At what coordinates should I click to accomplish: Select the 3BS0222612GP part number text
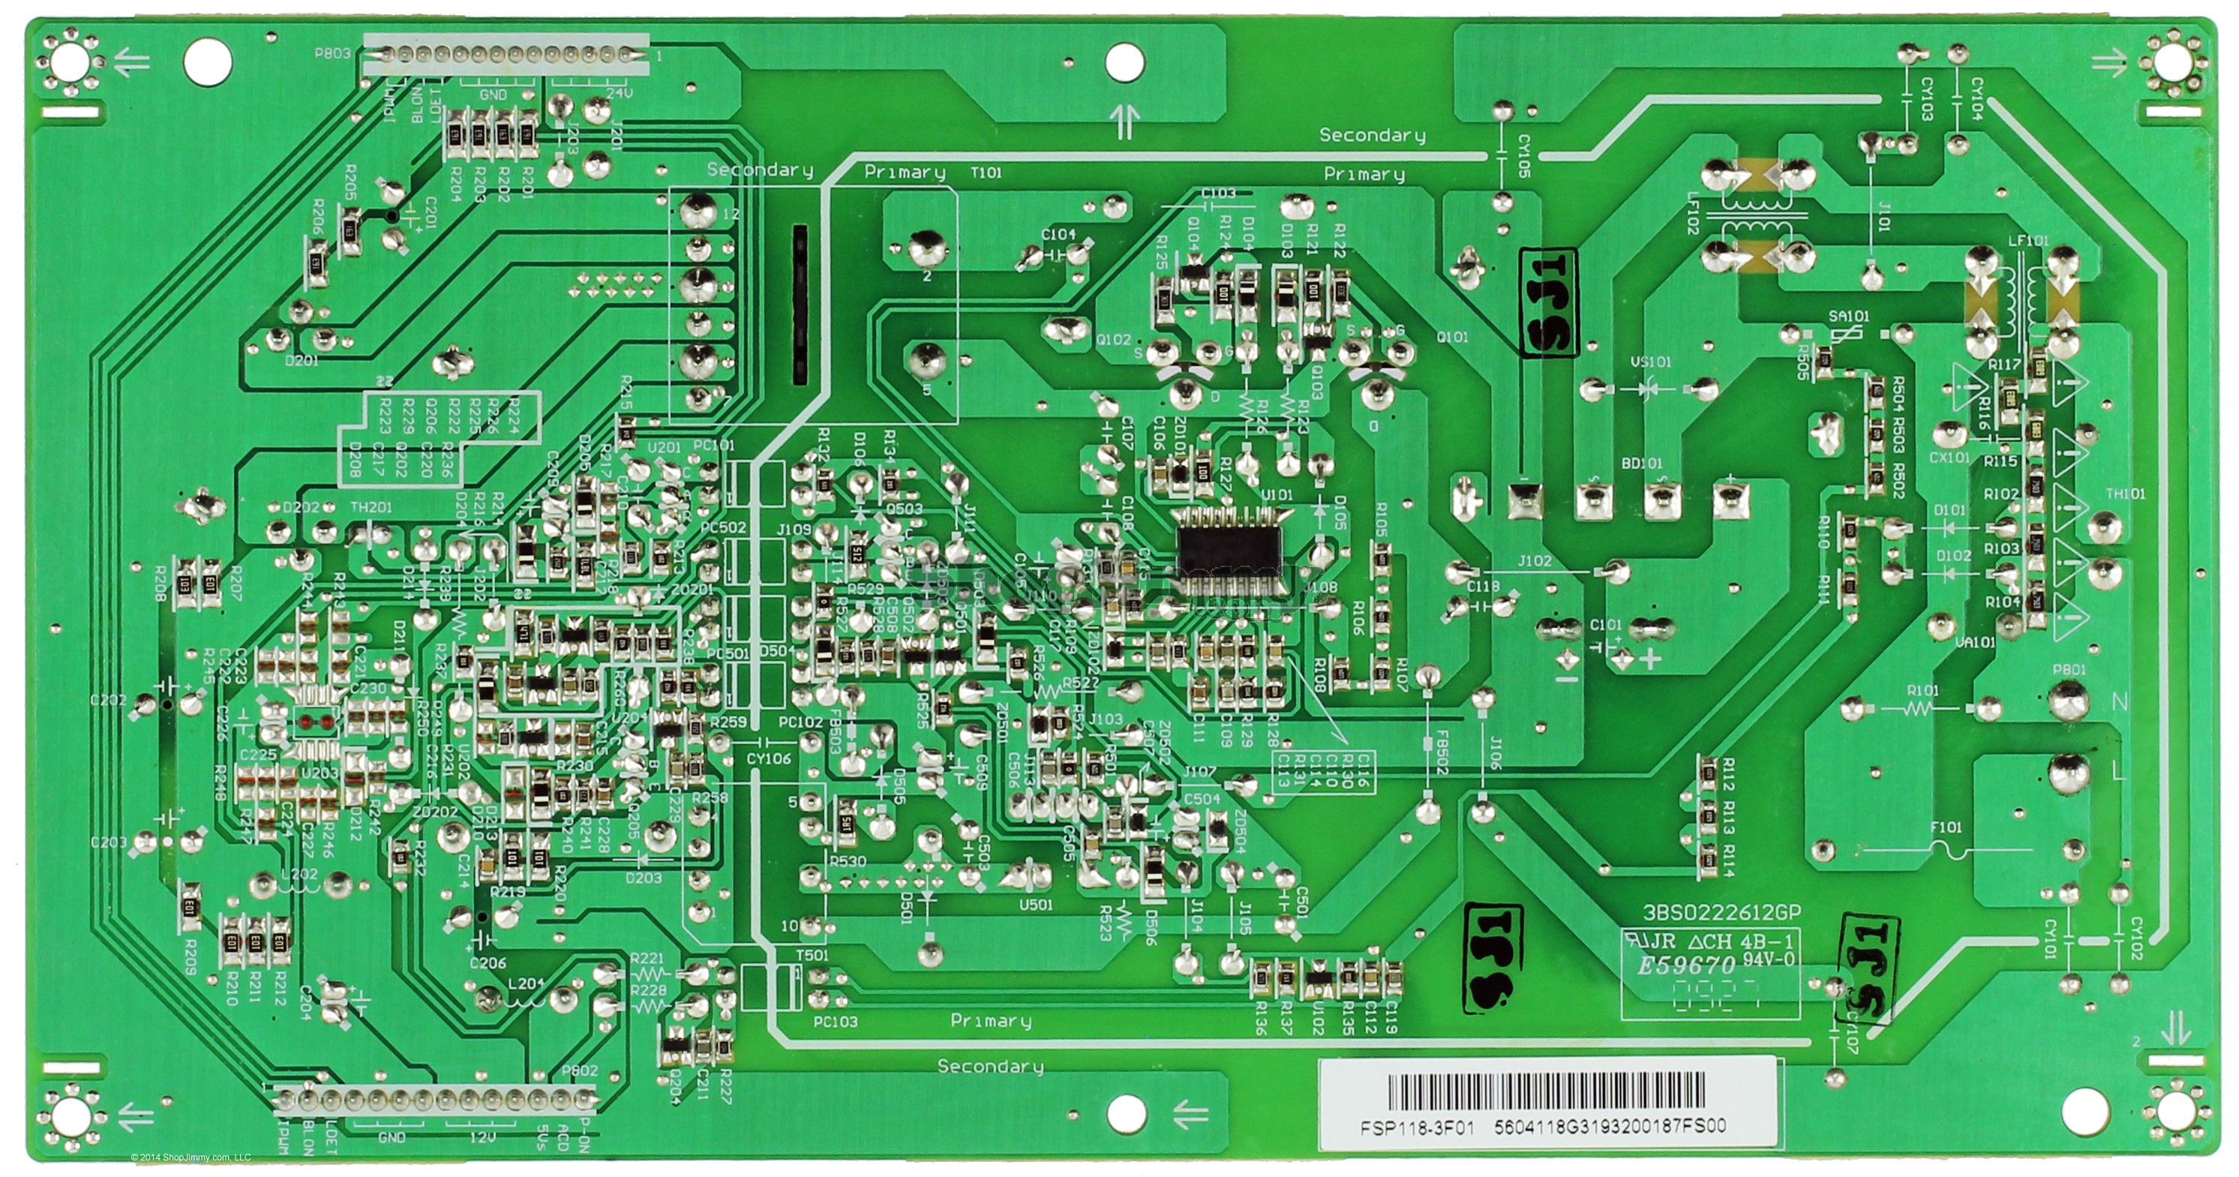pyautogui.click(x=1709, y=914)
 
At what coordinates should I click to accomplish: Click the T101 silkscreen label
pyautogui.click(x=986, y=173)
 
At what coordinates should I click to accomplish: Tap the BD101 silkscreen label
pyautogui.click(x=1641, y=464)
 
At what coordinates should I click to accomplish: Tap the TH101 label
pyautogui.click(x=2125, y=494)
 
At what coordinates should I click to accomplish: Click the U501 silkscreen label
pyautogui.click(x=1037, y=904)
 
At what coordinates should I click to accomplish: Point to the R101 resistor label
pyautogui.click(x=1916, y=690)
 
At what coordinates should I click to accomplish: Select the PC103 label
pyautogui.click(x=836, y=1022)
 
